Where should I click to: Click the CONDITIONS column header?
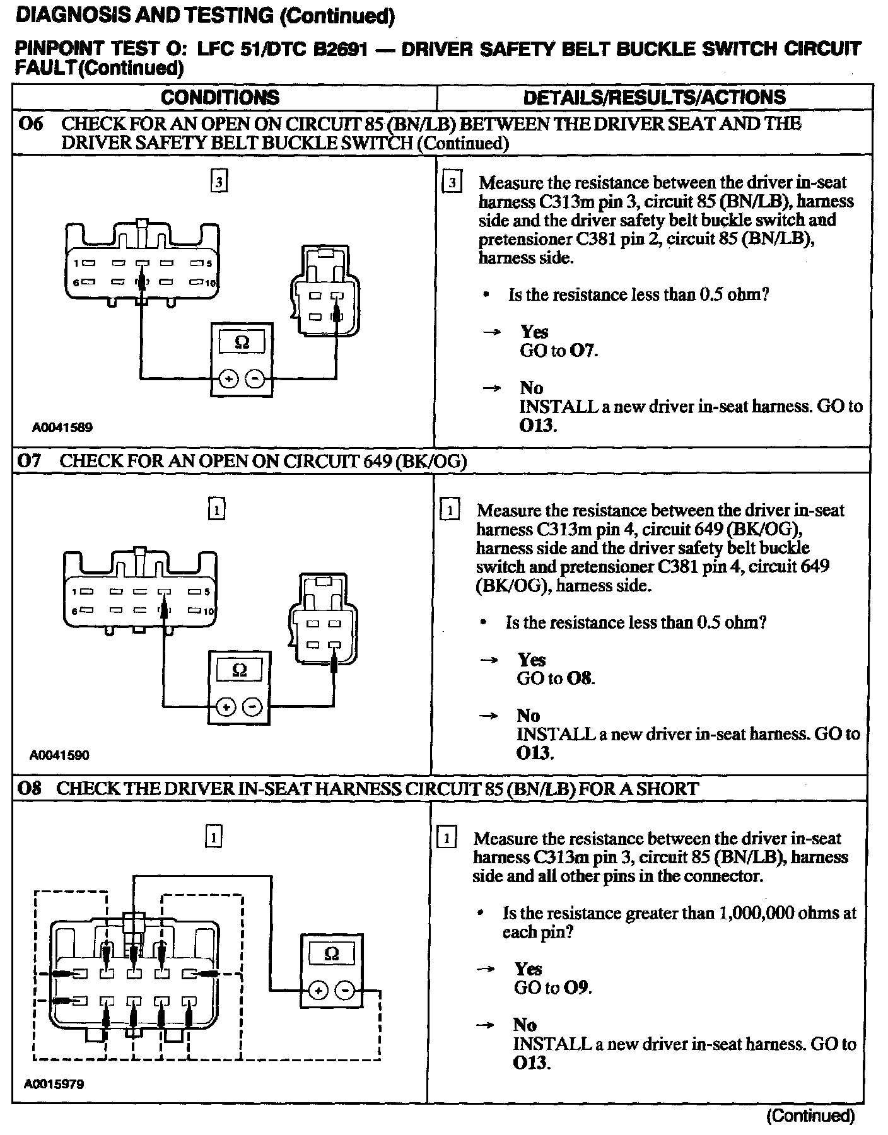(220, 97)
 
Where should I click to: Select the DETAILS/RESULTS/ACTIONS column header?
(655, 97)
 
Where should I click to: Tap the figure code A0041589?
(62, 428)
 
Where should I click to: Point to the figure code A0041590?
(59, 755)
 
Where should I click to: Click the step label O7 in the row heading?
(30, 461)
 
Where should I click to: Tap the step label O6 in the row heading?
(31, 124)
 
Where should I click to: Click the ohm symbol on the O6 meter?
(242, 342)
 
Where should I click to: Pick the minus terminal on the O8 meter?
(344, 991)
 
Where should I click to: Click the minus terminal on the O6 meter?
(255, 379)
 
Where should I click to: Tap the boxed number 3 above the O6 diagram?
(218, 182)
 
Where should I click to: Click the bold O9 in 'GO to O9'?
(578, 987)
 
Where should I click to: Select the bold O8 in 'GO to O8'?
(581, 678)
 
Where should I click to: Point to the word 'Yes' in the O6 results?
(534, 332)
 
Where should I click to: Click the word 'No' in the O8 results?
(525, 1025)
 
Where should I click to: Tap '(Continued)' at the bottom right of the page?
(810, 1115)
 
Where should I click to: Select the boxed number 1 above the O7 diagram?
(216, 509)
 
